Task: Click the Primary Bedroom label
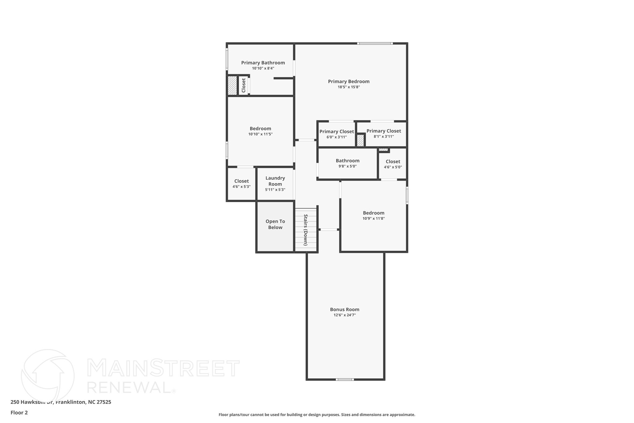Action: [349, 82]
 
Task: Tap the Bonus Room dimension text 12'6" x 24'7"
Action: [345, 315]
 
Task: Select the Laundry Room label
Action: [275, 181]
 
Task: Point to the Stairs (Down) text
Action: [306, 230]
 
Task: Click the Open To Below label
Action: [275, 224]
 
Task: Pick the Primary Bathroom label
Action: [263, 63]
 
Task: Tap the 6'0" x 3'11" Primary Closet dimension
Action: [337, 137]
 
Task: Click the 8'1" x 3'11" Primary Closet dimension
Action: [384, 136]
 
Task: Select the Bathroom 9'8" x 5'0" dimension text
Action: [347, 166]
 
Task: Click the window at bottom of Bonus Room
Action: [345, 379]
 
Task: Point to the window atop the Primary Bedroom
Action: [375, 43]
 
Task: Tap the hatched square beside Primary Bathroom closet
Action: [232, 86]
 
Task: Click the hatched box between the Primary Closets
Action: [360, 140]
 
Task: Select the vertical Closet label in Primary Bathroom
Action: [244, 85]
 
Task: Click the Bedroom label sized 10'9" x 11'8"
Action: [374, 213]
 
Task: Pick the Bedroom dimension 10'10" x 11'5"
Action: [260, 134]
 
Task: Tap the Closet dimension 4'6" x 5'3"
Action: [241, 187]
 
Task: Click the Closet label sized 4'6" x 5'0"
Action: [393, 161]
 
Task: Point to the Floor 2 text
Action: [19, 412]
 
